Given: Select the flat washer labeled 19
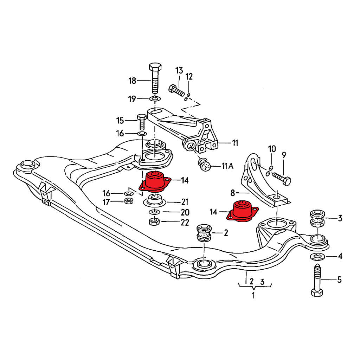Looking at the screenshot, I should click(x=155, y=98).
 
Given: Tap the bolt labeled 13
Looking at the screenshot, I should click(x=176, y=90).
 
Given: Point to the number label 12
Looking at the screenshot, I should click(x=189, y=76).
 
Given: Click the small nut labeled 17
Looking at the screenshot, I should click(x=129, y=201).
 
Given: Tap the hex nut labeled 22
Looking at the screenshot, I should click(x=154, y=222).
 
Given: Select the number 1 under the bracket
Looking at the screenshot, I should click(x=253, y=295).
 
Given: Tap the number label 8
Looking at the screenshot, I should click(x=232, y=193).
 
